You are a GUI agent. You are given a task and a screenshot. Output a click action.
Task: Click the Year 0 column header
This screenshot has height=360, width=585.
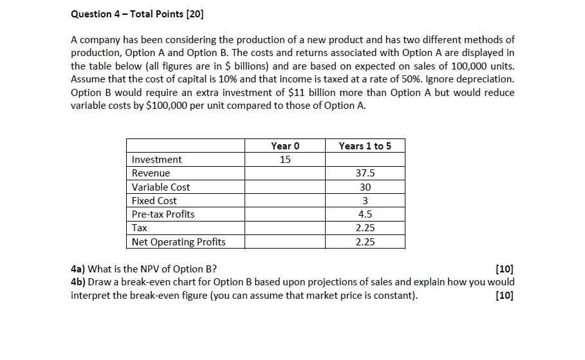point(285,146)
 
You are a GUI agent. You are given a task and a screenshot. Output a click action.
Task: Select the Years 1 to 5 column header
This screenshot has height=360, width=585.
point(365,146)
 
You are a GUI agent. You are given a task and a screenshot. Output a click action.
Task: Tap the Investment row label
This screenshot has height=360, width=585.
point(156,160)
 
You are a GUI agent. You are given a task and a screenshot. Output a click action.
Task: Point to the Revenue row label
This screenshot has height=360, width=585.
point(151,173)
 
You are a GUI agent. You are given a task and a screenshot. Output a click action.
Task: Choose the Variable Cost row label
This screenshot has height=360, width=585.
point(161,187)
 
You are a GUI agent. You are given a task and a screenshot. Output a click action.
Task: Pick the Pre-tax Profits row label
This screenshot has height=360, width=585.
point(163,214)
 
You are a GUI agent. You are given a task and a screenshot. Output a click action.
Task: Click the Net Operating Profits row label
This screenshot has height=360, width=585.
point(178,242)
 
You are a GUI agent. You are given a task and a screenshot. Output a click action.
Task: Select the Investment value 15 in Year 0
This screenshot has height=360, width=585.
point(285,160)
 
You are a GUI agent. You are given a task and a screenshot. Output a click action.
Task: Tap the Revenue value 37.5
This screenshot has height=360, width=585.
point(365,173)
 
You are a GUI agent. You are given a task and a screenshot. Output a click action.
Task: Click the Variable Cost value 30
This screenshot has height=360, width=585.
point(365,187)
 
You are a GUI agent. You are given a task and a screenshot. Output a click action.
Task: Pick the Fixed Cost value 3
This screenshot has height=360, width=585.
point(365,200)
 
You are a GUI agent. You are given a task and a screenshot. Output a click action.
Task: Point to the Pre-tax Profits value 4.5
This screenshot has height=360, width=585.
point(365,214)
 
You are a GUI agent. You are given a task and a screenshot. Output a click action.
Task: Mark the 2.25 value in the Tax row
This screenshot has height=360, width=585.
point(365,228)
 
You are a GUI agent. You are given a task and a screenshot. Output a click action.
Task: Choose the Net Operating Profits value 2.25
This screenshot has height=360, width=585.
point(365,242)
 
